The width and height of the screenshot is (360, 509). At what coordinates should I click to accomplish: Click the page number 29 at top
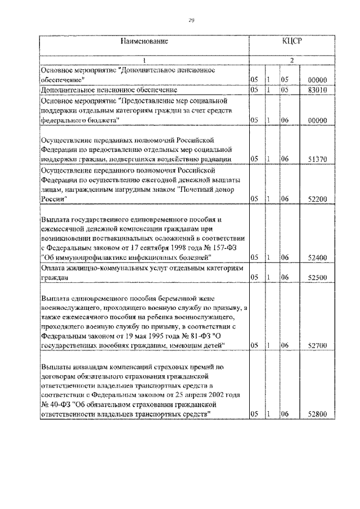pyautogui.click(x=191, y=21)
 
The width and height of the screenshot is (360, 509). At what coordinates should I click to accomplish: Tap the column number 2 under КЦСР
pyautogui.click(x=292, y=61)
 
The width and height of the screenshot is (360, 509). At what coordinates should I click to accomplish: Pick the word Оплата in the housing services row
pyautogui.click(x=53, y=268)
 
